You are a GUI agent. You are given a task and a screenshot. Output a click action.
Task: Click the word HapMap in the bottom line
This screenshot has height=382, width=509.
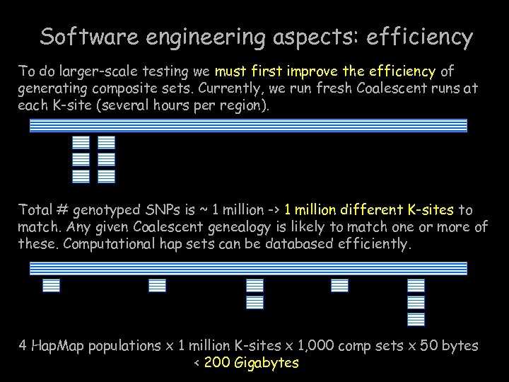(55, 346)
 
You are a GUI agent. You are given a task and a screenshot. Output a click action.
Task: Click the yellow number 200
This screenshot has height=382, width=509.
(218, 363)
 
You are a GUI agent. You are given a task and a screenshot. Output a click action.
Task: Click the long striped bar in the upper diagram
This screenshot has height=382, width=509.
(248, 126)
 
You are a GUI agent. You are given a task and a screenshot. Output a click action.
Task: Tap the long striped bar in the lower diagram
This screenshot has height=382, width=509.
(248, 268)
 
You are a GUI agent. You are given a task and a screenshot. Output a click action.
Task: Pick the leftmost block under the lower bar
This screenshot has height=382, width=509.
(52, 285)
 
